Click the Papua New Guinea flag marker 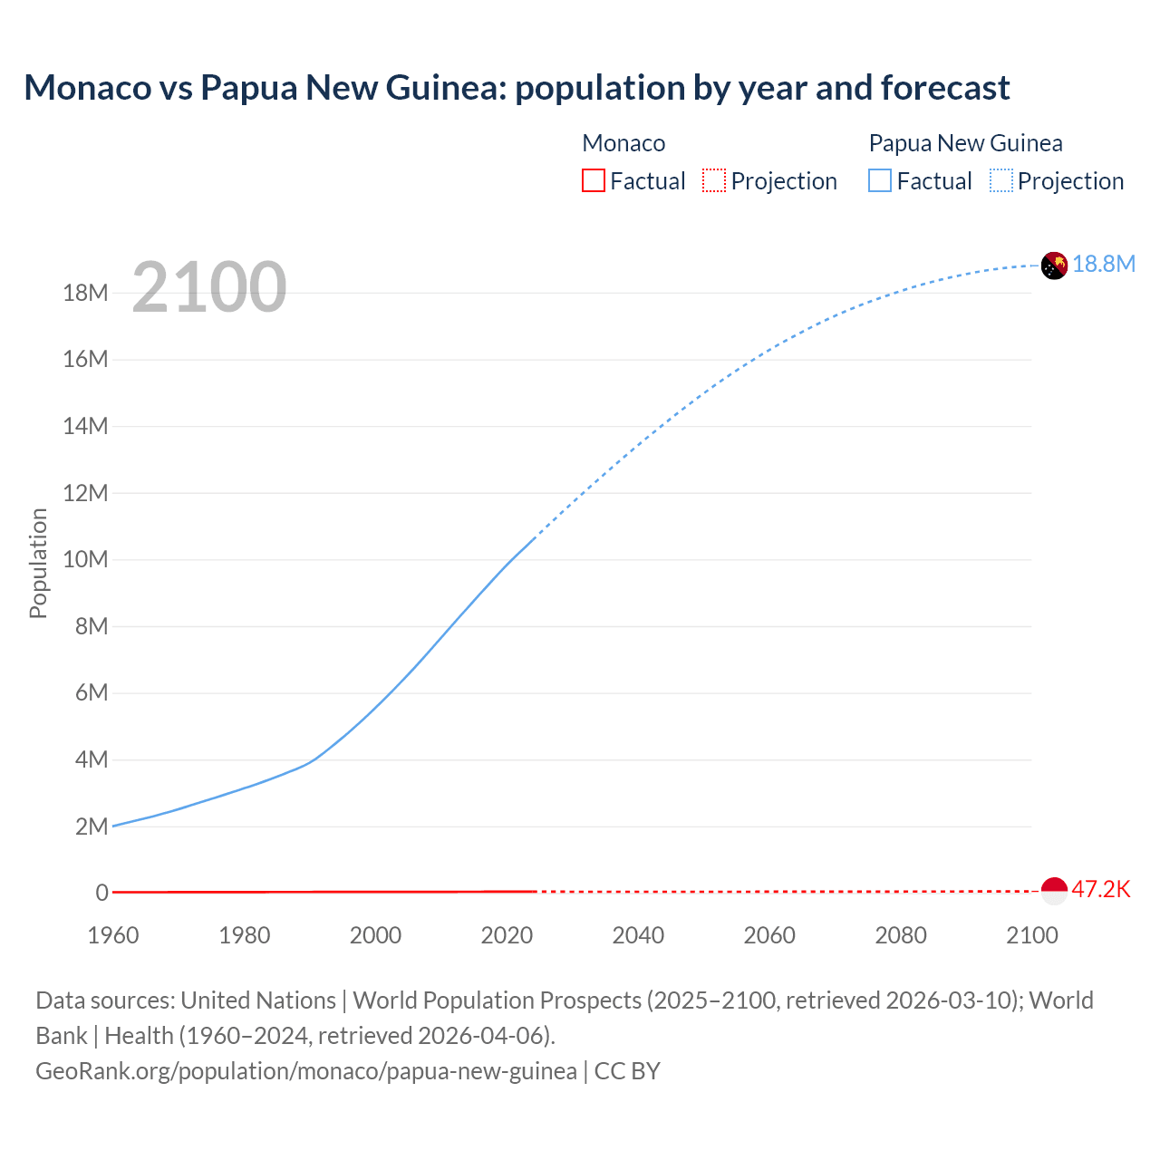click(x=1054, y=266)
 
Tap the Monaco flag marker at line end click(x=1054, y=891)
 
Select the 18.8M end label click(x=1104, y=264)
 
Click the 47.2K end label click(x=1101, y=889)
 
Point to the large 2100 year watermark click(x=209, y=287)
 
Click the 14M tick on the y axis click(x=85, y=426)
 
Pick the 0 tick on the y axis click(x=102, y=893)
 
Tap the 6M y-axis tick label click(x=92, y=693)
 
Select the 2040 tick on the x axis click(x=638, y=935)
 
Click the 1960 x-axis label click(x=113, y=935)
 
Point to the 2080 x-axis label click(x=901, y=935)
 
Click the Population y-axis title click(x=38, y=563)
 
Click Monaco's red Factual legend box click(x=593, y=180)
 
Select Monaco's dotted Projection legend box click(x=714, y=180)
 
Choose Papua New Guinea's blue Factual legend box click(x=880, y=180)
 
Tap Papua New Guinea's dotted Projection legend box click(x=1001, y=180)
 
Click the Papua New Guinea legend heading click(x=965, y=143)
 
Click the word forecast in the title click(x=945, y=88)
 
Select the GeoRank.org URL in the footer click(x=305, y=1071)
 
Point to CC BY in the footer click(x=627, y=1071)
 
